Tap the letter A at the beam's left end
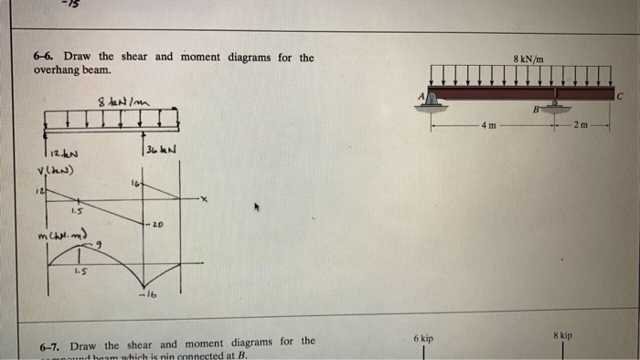422,94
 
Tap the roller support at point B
555,106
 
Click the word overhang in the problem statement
58,71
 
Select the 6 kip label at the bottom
422,339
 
